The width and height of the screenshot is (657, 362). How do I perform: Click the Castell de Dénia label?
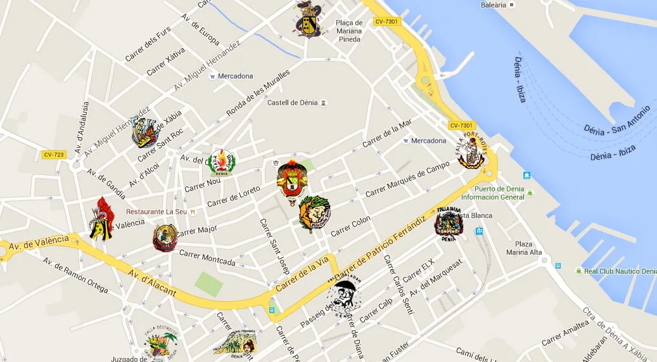click(292, 103)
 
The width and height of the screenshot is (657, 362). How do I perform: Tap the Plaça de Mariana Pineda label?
click(348, 31)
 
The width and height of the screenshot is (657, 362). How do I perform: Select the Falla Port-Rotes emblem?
click(472, 150)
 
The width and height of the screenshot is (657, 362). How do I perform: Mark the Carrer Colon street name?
click(350, 226)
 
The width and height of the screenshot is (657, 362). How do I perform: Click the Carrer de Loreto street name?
click(233, 196)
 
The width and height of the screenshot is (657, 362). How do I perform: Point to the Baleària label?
click(494, 5)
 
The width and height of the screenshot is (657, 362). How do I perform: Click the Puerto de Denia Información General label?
click(497, 193)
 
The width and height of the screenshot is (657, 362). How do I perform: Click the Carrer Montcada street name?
click(207, 258)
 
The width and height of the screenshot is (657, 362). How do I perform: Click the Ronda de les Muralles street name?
click(258, 93)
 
